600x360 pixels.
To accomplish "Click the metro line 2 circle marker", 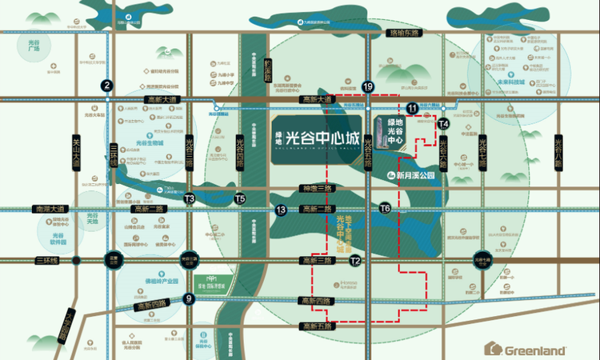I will pos(106,86).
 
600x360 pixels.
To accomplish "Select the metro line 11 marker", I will pos(412,108).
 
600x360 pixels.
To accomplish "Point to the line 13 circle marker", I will pos(281,210).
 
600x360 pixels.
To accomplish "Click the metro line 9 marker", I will pos(189,299).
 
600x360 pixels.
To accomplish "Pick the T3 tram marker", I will pos(190,198).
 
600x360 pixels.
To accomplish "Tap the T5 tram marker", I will pos(240,198).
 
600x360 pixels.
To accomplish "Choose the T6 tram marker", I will pos(385,208).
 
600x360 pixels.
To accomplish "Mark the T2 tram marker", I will pos(356,261).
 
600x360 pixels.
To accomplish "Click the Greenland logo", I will pos(527,349).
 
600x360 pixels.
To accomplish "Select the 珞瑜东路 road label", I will pos(403,34).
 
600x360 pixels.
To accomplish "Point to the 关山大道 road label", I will pos(77,150).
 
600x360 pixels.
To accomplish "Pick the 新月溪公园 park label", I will pos(410,174).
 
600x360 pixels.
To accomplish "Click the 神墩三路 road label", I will pos(315,189).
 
